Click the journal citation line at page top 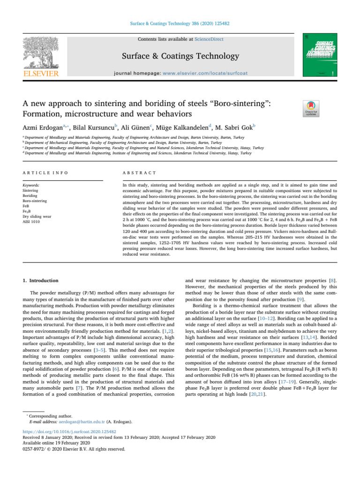point(180,22)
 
